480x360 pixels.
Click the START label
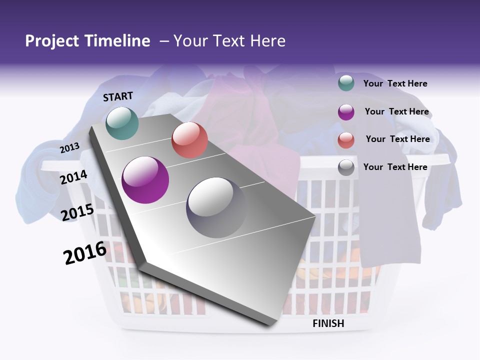[x=118, y=96]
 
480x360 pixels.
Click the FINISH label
[x=328, y=323]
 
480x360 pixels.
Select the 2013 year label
[x=69, y=148]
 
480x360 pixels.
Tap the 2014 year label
[x=74, y=177]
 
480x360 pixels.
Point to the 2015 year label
[x=77, y=212]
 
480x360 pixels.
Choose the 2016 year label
[x=85, y=253]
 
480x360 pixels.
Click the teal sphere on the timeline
[x=122, y=123]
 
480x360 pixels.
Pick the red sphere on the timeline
[x=189, y=140]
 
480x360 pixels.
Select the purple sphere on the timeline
[x=145, y=180]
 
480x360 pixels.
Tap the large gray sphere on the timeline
[x=216, y=207]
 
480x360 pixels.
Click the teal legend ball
[x=346, y=83]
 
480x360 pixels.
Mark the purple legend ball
[x=346, y=112]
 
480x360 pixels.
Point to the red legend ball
[x=346, y=140]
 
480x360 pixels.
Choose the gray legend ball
[x=346, y=167]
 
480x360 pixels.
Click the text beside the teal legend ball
[x=395, y=83]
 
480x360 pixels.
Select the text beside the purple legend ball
[x=396, y=111]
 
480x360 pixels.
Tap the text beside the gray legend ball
[x=395, y=167]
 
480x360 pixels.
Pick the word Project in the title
[x=51, y=41]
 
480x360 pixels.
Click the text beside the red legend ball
[x=397, y=139]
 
